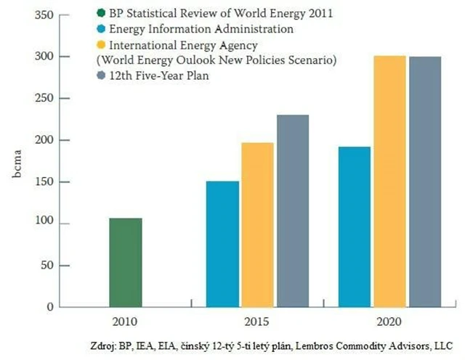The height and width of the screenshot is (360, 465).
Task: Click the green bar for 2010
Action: click(x=126, y=262)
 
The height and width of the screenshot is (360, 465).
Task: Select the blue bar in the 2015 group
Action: click(x=222, y=244)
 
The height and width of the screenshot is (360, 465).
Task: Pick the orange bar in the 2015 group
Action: click(x=257, y=224)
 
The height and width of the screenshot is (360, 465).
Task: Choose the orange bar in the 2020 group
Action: click(x=389, y=181)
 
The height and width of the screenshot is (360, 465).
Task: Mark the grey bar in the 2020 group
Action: click(x=424, y=181)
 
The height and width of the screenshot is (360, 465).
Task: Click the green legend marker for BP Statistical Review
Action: click(x=100, y=13)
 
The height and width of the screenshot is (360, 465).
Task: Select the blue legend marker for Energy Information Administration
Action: click(x=100, y=30)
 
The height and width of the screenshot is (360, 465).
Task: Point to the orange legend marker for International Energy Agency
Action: click(x=100, y=46)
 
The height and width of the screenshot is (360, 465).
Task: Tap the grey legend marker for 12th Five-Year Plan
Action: click(x=100, y=75)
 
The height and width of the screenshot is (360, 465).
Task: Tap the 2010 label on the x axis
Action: click(x=126, y=320)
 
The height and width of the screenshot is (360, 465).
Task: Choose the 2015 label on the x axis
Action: click(x=258, y=320)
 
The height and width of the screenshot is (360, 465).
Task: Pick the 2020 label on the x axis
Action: click(x=389, y=320)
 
